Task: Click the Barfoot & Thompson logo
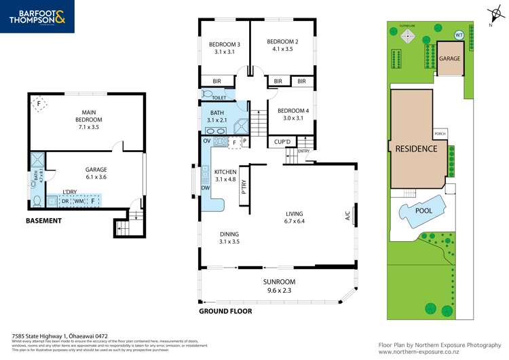(x=37, y=17)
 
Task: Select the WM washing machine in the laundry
(x=79, y=201)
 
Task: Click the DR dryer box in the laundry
(x=66, y=201)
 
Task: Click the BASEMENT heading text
(x=43, y=221)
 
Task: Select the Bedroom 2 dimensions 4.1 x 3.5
(x=282, y=50)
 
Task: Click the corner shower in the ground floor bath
(x=239, y=128)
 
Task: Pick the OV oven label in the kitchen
(x=207, y=141)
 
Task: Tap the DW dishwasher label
(x=205, y=187)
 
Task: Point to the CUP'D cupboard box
(x=282, y=142)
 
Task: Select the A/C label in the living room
(x=347, y=217)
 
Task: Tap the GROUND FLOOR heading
(x=225, y=311)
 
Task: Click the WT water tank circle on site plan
(x=459, y=35)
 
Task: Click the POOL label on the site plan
(x=423, y=211)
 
